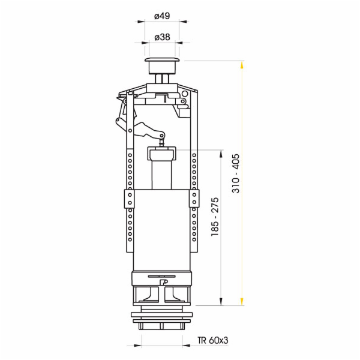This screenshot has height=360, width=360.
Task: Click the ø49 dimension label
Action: click(162, 16)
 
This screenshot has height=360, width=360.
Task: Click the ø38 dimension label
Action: click(162, 37)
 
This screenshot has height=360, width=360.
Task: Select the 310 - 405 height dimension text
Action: click(236, 173)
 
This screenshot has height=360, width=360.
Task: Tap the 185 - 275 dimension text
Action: click(215, 217)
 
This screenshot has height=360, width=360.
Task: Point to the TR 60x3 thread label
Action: click(213, 340)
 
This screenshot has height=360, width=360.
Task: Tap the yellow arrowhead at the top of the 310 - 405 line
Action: click(242, 65)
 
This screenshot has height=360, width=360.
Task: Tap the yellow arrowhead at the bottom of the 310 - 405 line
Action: click(242, 301)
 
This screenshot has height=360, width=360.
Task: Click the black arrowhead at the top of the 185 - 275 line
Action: click(221, 154)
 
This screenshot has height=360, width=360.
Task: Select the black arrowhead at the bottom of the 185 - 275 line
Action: click(221, 301)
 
